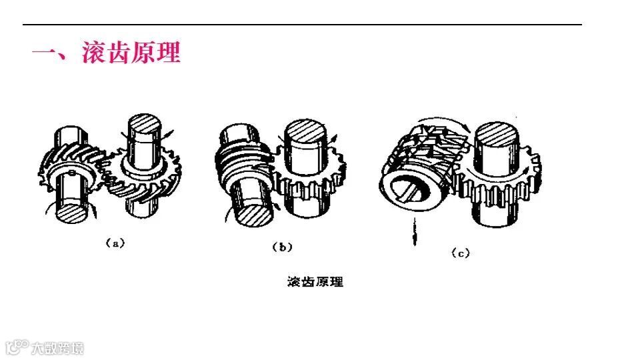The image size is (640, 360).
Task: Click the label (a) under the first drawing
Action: [x=115, y=244]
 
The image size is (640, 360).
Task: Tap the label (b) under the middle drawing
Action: [x=283, y=247]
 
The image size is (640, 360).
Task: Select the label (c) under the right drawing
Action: [x=460, y=253]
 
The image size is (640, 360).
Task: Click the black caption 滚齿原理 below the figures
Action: [x=315, y=281]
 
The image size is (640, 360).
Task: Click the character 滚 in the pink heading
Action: [x=94, y=53]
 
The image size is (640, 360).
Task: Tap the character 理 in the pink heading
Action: [x=168, y=53]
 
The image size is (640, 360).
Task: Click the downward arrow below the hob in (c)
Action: [x=414, y=231]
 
